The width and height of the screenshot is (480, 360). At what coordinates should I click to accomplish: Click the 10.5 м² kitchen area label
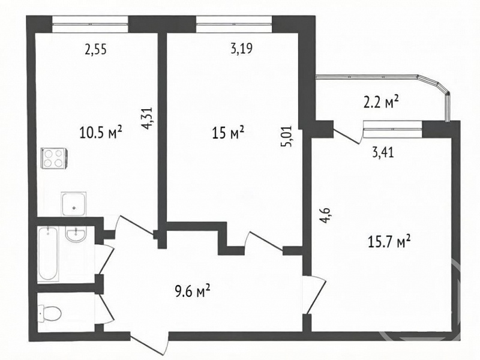click(x=101, y=133)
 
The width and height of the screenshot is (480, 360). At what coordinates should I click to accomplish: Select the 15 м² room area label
click(x=228, y=133)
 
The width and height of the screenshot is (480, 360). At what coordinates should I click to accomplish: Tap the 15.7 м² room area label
click(x=389, y=242)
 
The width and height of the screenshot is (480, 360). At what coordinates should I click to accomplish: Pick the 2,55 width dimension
click(x=96, y=49)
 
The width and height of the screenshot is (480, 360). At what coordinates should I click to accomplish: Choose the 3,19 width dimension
click(x=242, y=49)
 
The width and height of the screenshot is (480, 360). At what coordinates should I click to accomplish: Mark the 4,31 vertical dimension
click(x=146, y=118)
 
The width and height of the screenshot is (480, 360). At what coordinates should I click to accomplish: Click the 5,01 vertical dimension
click(x=287, y=137)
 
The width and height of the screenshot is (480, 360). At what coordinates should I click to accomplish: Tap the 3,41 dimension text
click(x=383, y=152)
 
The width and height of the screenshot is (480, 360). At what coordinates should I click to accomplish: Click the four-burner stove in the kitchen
click(x=53, y=158)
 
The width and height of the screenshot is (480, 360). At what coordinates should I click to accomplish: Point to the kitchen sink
click(x=73, y=203)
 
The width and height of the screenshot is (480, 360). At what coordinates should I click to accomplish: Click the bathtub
click(x=49, y=254)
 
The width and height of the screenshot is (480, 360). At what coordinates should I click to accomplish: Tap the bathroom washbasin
click(x=76, y=234)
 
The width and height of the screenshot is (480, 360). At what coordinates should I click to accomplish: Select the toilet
click(x=50, y=313)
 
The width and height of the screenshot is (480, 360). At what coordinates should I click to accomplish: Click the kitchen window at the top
click(x=90, y=24)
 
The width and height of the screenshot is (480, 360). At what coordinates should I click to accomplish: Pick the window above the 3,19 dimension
click(x=234, y=24)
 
